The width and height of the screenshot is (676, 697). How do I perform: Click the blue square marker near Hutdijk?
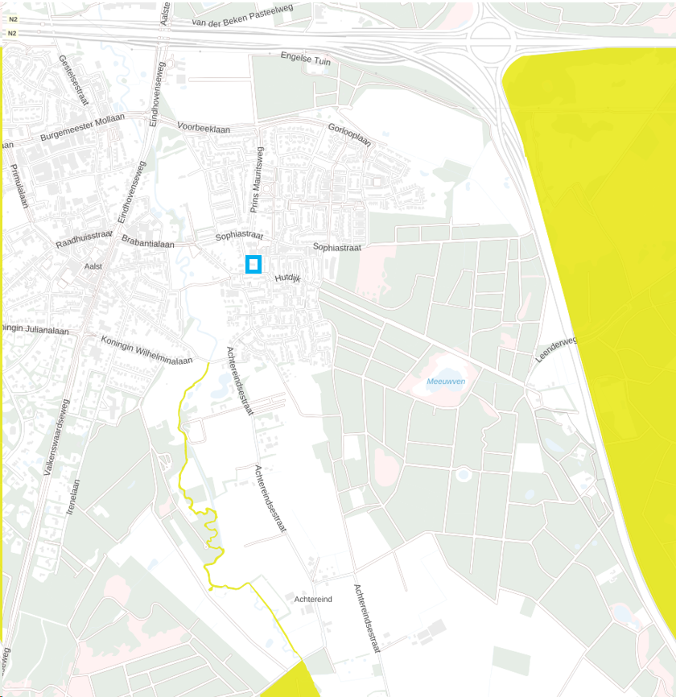pyautogui.click(x=253, y=265)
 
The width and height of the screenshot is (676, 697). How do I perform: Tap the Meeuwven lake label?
pyautogui.click(x=447, y=381)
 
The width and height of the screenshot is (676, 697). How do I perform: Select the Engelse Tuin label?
pyautogui.click(x=306, y=59)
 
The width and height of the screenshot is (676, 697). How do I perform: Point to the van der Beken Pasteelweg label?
pyautogui.click(x=243, y=17)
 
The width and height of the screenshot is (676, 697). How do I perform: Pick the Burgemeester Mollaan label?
pyautogui.click(x=83, y=127)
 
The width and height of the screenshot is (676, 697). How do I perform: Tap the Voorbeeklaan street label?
pyautogui.click(x=204, y=128)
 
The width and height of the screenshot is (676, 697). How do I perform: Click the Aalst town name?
pyautogui.click(x=93, y=266)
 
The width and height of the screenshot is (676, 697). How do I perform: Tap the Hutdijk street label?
pyautogui.click(x=287, y=278)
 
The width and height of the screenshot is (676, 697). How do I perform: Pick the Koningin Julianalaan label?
pyautogui.click(x=35, y=328)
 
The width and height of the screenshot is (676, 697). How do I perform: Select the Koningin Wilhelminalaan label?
pyautogui.click(x=146, y=350)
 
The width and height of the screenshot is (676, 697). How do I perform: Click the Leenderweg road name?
pyautogui.click(x=557, y=351)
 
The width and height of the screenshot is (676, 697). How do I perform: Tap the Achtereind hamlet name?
pyautogui.click(x=313, y=600)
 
